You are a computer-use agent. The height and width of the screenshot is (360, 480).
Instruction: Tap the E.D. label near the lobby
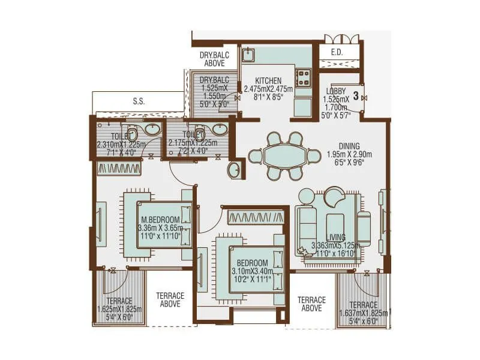point(337,52)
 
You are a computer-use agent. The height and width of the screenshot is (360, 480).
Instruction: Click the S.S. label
point(139,101)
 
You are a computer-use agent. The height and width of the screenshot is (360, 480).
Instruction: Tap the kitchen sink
point(248,56)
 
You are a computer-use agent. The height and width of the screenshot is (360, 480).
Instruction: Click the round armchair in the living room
point(334,197)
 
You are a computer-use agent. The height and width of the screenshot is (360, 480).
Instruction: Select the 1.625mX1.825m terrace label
point(119,309)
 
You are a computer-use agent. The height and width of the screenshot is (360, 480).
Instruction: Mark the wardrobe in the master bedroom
point(119,169)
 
